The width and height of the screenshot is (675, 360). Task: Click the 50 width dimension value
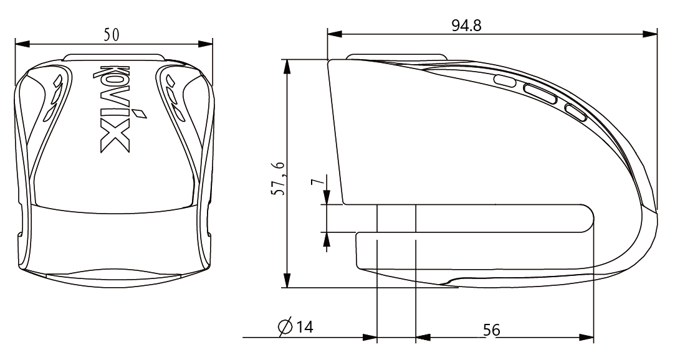click(111, 35)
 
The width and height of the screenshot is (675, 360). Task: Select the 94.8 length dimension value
click(467, 26)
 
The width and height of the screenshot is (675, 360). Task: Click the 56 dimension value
click(492, 330)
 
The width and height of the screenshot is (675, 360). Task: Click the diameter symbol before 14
click(285, 328)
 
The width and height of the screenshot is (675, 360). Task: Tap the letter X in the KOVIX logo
click(115, 139)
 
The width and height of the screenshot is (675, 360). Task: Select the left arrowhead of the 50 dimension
click(22, 44)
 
